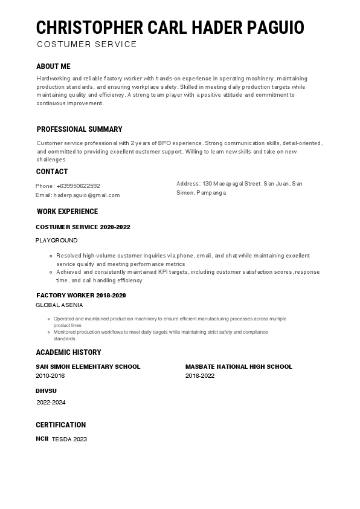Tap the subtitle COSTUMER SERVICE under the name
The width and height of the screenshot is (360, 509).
(x=86, y=44)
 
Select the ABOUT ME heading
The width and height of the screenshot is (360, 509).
(x=53, y=66)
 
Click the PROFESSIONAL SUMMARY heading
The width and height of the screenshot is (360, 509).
(x=79, y=129)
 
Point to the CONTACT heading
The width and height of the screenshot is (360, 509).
(x=52, y=172)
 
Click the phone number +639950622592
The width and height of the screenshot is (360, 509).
(x=79, y=186)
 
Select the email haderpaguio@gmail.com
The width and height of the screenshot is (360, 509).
(x=86, y=195)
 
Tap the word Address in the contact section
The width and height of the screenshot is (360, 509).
(x=188, y=183)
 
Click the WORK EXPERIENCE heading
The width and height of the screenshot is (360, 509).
(x=67, y=212)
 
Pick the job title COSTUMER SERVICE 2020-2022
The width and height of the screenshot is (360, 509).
(x=83, y=227)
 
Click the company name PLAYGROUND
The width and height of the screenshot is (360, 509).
(x=56, y=241)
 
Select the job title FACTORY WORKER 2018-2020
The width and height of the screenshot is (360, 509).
(x=81, y=296)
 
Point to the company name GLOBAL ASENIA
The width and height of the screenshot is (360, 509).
(x=59, y=305)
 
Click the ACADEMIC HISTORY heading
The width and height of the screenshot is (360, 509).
(x=68, y=352)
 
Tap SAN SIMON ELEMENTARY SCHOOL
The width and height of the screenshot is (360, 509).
(x=88, y=366)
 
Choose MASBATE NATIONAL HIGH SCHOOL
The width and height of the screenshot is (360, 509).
(x=239, y=366)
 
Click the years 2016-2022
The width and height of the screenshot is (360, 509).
(x=200, y=376)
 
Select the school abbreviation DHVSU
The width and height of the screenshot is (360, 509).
(x=46, y=391)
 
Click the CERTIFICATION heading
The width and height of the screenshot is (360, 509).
(x=60, y=425)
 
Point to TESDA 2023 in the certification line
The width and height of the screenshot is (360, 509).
(x=69, y=439)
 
